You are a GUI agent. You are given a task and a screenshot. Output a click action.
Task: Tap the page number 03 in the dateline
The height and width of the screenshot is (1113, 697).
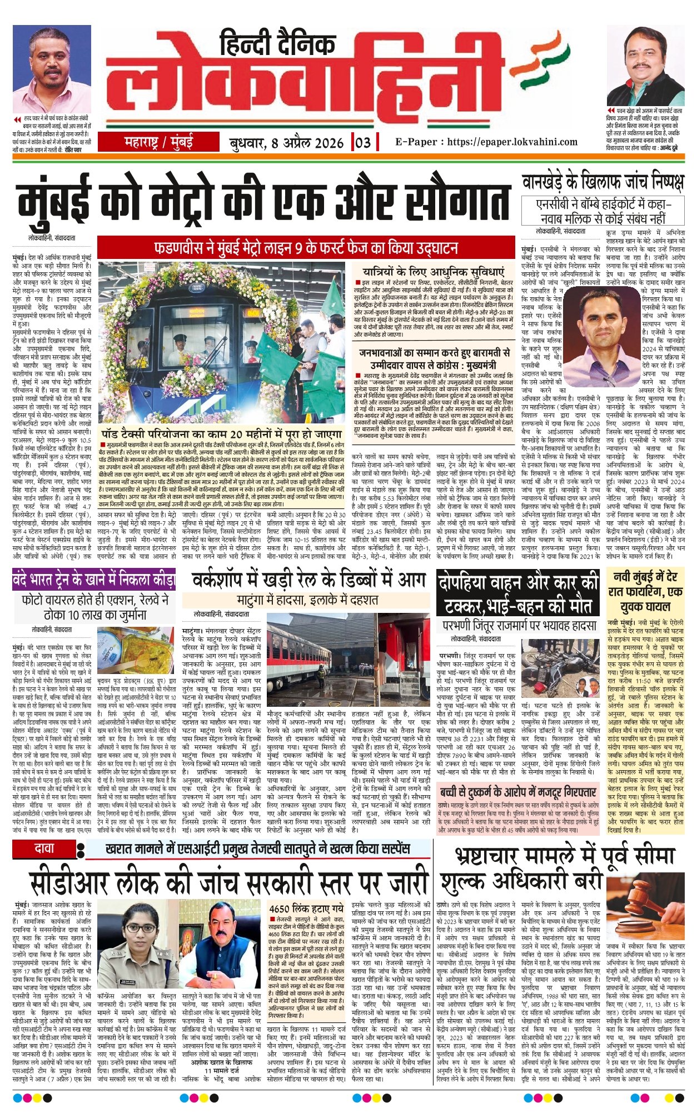[362, 142]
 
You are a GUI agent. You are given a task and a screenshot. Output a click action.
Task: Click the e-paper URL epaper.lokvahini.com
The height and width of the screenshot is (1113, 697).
[486, 142]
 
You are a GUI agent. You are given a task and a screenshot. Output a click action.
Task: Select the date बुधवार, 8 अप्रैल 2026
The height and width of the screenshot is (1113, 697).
[287, 143]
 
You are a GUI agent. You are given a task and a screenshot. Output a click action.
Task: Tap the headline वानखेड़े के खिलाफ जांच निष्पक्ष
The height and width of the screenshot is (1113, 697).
[603, 182]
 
